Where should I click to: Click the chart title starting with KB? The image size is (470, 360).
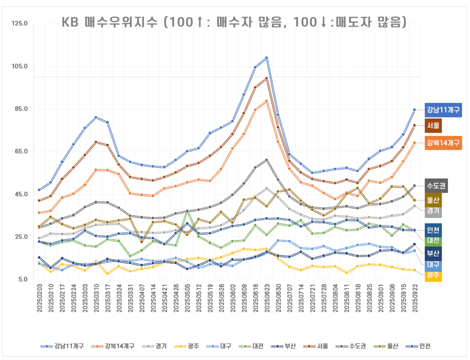coord(234,22)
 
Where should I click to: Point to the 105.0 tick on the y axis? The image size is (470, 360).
coord(20,66)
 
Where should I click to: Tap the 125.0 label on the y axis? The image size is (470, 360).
coord(20,24)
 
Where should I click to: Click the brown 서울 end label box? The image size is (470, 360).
coord(433,125)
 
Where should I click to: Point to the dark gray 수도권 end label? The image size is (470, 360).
coord(436,186)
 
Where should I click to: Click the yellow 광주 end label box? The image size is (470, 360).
coord(433,275)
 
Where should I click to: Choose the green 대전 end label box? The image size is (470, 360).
coord(433,240)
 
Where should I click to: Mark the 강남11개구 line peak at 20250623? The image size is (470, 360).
coord(266,58)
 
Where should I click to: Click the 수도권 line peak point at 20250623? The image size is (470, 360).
coord(266,160)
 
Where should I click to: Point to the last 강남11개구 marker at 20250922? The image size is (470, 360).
coord(414,110)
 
